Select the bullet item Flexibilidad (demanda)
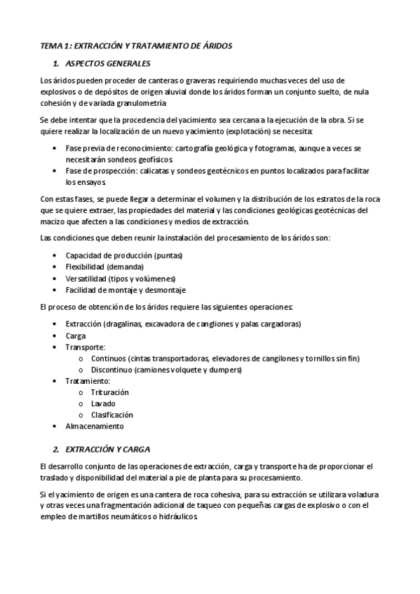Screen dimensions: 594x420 (104, 267)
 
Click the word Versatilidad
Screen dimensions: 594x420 (87, 278)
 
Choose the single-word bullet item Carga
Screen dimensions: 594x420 (76, 336)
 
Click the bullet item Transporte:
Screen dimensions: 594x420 (86, 347)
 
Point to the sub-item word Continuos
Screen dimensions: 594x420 (112, 358)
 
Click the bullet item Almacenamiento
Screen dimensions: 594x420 (95, 426)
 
